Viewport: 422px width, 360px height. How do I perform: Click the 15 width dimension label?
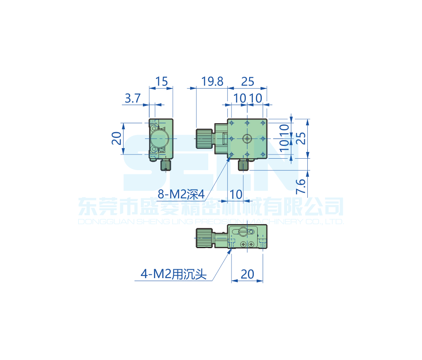[x=161, y=81]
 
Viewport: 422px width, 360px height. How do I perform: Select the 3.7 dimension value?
[x=132, y=99]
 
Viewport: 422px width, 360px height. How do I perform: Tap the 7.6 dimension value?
[x=300, y=186]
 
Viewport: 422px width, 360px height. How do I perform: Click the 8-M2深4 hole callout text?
[x=181, y=195]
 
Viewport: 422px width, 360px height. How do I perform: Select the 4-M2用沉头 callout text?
[x=174, y=275]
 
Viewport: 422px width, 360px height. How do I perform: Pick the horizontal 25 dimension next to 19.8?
[x=248, y=81]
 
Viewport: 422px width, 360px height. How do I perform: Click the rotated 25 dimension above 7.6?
[x=300, y=138]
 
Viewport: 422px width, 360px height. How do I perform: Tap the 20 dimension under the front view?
[x=247, y=274]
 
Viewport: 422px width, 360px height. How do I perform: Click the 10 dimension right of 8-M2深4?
[x=237, y=194]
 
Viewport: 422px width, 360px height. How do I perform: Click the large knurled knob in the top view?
[x=204, y=138]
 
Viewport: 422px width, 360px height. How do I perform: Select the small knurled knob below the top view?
[x=244, y=165]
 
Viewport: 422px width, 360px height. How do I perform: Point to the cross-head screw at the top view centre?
[x=247, y=138]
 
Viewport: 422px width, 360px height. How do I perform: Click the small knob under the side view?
[x=166, y=165]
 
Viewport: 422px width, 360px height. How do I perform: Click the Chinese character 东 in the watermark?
[x=87, y=207]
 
